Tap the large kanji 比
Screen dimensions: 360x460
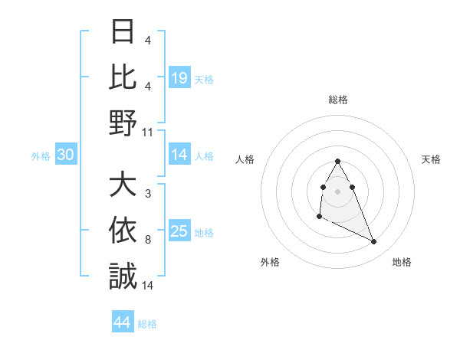click(123, 78)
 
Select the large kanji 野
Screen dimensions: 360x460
click(123, 122)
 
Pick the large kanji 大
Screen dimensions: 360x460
click(123, 186)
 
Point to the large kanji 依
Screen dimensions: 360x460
click(123, 231)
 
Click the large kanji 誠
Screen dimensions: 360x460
click(123, 275)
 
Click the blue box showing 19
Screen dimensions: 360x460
click(179, 78)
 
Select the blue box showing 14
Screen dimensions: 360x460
click(179, 155)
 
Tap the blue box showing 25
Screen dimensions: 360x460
click(179, 231)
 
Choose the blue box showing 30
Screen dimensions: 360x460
click(66, 155)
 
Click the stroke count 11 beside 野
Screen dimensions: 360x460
click(148, 132)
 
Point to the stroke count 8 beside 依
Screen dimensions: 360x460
click(147, 240)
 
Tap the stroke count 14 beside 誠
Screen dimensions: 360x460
click(148, 285)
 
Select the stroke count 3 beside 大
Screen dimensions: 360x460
click(147, 195)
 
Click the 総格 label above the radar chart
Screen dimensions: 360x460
click(337, 100)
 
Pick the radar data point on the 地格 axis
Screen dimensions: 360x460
click(374, 242)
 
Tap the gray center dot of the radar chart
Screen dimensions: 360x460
click(337, 191)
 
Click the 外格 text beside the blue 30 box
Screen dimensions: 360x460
click(41, 155)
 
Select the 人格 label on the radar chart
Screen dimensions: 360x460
click(246, 159)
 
